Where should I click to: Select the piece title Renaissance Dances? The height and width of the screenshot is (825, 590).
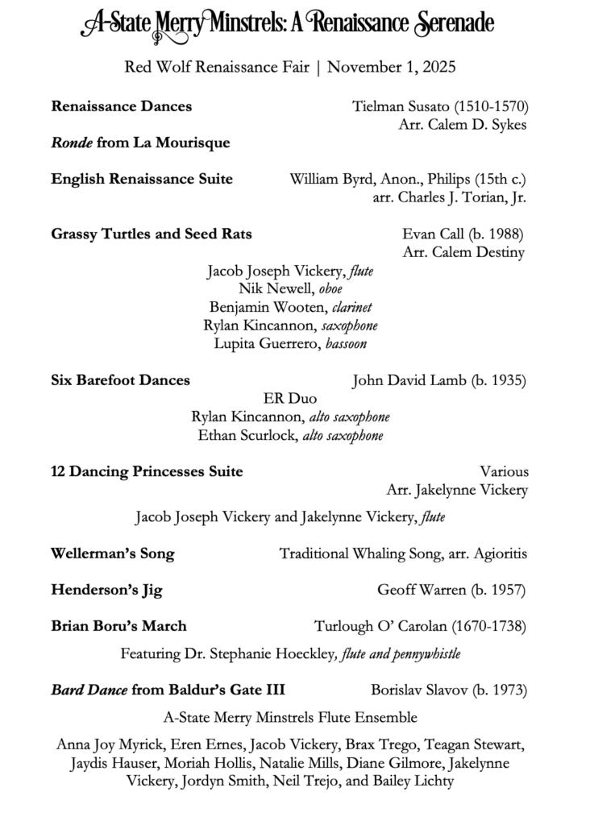122,106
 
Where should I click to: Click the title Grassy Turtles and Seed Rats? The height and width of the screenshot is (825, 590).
152,234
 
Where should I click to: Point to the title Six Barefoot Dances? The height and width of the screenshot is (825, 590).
121,380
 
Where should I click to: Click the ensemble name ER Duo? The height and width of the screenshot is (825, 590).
290,399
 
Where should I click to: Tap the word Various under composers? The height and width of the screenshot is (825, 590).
504,471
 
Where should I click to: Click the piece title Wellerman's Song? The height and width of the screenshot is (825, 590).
113,553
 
